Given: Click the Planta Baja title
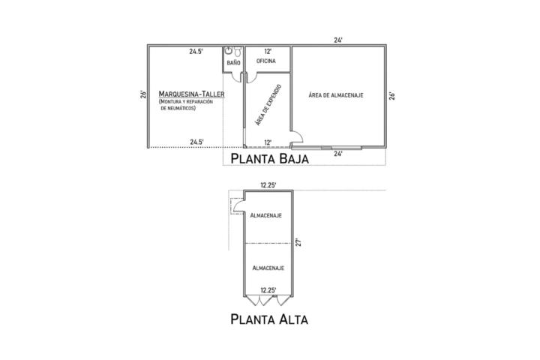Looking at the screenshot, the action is click(270, 159).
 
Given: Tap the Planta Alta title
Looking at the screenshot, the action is click(269, 319).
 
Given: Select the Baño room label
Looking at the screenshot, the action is click(233, 63).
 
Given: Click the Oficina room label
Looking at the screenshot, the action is click(266, 61).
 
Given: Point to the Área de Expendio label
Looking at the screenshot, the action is click(268, 105).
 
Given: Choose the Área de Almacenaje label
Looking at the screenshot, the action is click(336, 95).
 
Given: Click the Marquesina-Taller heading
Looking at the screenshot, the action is click(191, 94).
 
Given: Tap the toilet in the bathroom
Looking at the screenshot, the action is click(238, 52).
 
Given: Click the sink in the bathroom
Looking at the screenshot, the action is click(229, 51).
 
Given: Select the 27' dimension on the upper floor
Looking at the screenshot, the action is click(298, 242).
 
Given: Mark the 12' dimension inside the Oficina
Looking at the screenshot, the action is click(268, 52).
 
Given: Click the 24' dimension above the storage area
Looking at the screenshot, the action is click(338, 40).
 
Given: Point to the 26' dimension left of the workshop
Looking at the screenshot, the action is click(143, 94).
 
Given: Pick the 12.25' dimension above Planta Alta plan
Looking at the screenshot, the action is click(268, 185).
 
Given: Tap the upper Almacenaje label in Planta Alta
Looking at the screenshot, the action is click(266, 216).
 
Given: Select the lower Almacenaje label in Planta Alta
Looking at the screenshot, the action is click(268, 268).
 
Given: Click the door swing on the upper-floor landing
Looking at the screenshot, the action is click(238, 206).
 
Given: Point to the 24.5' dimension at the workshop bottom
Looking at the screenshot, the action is click(196, 142).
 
